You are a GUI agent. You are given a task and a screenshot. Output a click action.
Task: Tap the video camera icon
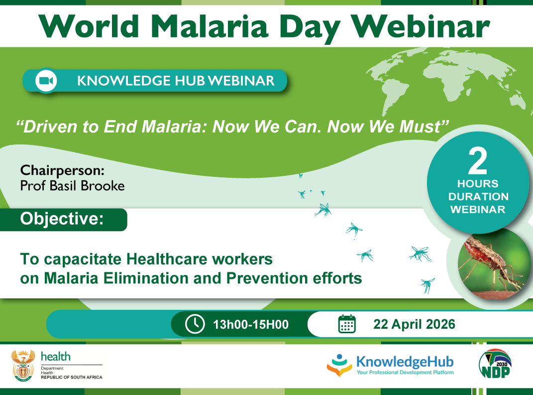(46, 81)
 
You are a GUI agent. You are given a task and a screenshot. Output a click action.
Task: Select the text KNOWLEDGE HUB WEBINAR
(176, 81)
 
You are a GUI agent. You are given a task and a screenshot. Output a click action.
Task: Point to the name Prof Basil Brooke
(72, 186)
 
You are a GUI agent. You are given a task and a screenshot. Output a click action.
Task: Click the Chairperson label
(62, 170)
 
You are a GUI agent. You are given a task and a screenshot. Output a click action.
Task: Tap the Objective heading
(62, 219)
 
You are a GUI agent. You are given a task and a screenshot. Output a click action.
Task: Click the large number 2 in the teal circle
(478, 161)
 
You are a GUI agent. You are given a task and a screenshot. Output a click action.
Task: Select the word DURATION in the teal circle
(478, 197)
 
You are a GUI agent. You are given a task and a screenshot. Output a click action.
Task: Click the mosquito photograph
(494, 264)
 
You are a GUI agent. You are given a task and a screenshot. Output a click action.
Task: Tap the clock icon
(195, 324)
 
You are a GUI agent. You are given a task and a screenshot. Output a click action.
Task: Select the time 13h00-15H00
(251, 325)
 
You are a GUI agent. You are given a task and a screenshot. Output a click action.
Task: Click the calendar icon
(347, 324)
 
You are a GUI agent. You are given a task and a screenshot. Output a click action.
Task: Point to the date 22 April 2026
(414, 324)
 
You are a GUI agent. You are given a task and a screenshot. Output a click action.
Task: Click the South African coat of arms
(23, 366)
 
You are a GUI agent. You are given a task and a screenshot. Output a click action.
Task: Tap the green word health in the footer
(56, 357)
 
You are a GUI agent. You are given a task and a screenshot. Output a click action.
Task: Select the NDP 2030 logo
(495, 364)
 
